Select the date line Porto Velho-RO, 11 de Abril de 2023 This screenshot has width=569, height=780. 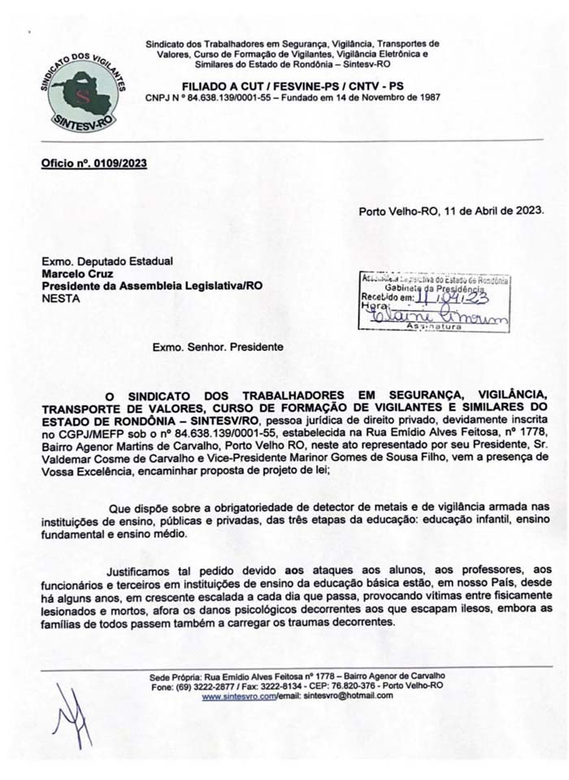(451, 212)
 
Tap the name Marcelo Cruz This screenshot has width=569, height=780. (73, 275)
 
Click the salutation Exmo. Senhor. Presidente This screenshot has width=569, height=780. (218, 346)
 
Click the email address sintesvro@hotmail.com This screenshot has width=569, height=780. (336, 696)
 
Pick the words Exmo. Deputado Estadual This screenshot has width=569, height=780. (107, 262)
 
